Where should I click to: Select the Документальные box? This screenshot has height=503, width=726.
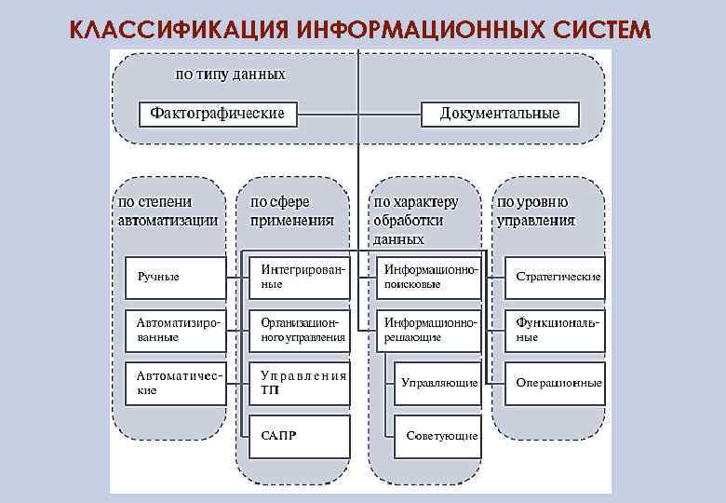pyautogui.click(x=500, y=114)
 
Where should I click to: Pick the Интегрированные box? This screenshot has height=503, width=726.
pyautogui.click(x=298, y=277)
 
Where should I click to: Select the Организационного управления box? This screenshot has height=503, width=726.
pyautogui.click(x=298, y=330)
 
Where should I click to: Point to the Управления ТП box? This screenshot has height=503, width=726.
pyautogui.click(x=298, y=383)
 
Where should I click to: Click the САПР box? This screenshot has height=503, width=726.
pyautogui.click(x=298, y=436)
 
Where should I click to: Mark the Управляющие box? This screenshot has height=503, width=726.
pyautogui.click(x=437, y=383)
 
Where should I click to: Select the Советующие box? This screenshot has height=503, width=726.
pyautogui.click(x=437, y=436)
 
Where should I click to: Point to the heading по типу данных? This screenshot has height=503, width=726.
pyautogui.click(x=231, y=74)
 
